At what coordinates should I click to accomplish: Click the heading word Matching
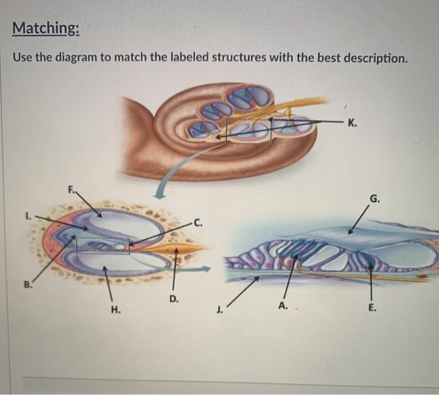click(46, 28)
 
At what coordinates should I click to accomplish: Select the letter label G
click(374, 199)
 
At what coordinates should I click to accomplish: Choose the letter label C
click(198, 221)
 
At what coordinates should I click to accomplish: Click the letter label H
click(115, 309)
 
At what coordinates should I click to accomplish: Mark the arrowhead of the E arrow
click(371, 267)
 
